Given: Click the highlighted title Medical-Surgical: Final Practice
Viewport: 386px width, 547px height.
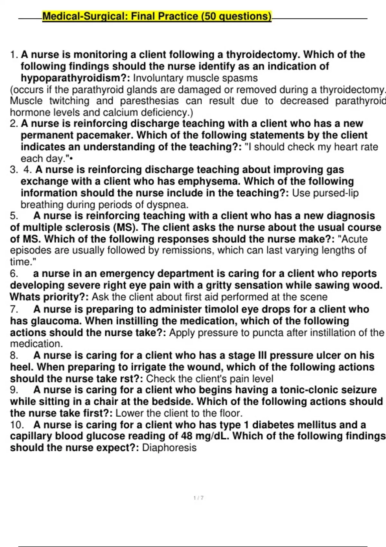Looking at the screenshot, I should tap(157, 16).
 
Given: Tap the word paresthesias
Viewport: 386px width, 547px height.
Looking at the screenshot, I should tap(149, 101).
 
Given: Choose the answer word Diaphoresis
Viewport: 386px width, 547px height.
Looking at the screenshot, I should tap(169, 448).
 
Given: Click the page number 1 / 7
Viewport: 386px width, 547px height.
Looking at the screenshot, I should tap(198, 498).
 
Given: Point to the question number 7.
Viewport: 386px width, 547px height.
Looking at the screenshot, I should tap(14, 309).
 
